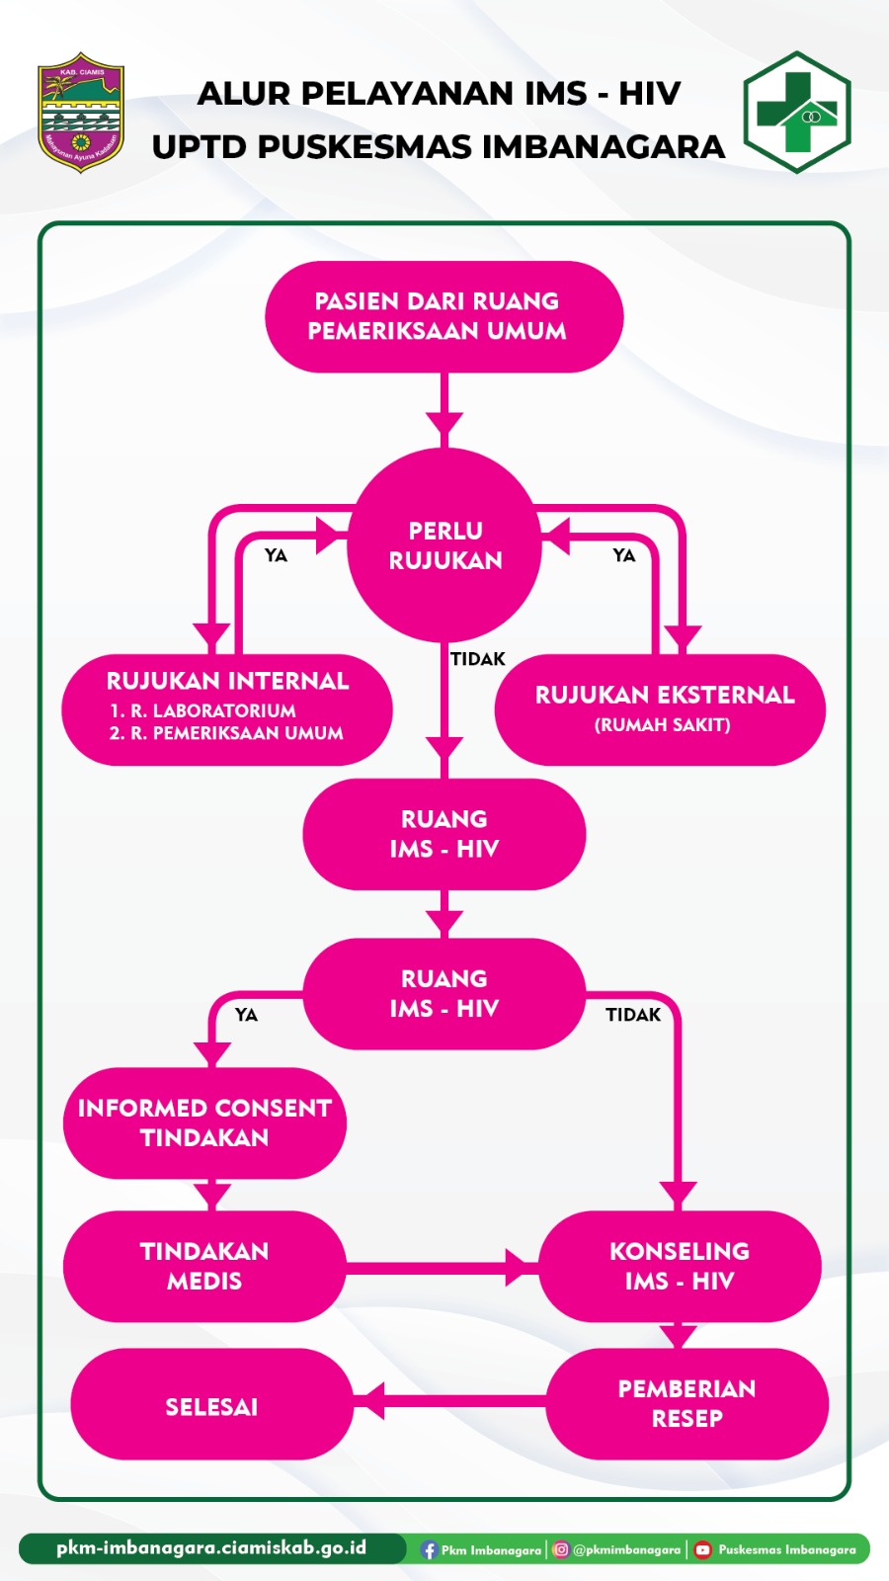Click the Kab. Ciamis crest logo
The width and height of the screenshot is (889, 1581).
(81, 113)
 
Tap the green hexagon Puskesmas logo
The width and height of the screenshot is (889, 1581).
(796, 113)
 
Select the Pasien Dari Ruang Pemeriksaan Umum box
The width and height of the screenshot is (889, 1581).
(444, 316)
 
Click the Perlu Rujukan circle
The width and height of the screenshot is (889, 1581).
(444, 545)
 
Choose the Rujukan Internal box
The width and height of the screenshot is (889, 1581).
(227, 708)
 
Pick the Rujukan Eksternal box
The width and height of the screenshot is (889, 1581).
(660, 708)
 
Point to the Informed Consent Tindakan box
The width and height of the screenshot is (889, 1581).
(204, 1123)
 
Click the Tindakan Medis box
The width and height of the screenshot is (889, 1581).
(204, 1266)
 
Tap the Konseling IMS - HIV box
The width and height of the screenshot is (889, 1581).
(680, 1266)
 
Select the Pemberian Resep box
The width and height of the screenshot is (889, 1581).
(687, 1403)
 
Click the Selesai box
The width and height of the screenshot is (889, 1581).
(211, 1406)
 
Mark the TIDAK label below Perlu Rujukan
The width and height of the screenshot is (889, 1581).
(478, 659)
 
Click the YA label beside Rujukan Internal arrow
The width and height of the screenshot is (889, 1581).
(276, 555)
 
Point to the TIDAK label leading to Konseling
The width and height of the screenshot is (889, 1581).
(633, 1015)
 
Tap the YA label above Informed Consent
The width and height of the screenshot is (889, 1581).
(246, 1015)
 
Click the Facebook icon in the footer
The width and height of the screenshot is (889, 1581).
(429, 1549)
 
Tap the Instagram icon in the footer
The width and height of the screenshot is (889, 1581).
(561, 1549)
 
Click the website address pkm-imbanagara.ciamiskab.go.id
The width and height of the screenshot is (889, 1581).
(211, 1547)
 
